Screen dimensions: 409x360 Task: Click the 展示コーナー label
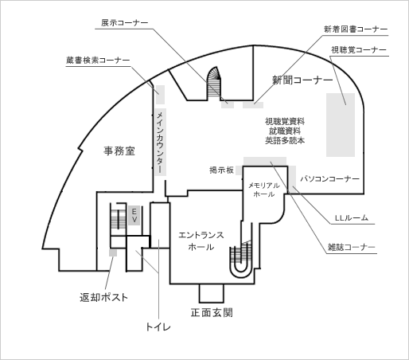[x=124, y=23]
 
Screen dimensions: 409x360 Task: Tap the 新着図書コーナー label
[x=356, y=29]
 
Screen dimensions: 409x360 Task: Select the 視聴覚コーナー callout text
[x=359, y=50]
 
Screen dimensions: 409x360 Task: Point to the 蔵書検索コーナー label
[x=98, y=61]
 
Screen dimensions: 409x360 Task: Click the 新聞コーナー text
[x=302, y=80]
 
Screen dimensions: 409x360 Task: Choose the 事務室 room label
[x=119, y=151]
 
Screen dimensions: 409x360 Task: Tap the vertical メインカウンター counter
[x=160, y=142]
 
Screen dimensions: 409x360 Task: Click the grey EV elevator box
[x=134, y=215]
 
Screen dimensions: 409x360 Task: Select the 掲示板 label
[x=221, y=170]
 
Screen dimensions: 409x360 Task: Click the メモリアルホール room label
[x=264, y=190]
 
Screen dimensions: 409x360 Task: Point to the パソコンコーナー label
[x=329, y=179]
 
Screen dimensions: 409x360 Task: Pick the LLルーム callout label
[x=352, y=218]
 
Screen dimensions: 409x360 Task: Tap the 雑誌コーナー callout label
[x=352, y=248]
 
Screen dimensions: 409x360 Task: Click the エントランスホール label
[x=201, y=241]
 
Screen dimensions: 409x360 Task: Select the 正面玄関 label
[x=212, y=313]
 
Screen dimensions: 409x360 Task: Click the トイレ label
[x=158, y=327]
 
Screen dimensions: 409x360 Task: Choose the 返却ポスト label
[x=104, y=297]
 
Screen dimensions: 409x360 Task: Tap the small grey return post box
[x=113, y=252]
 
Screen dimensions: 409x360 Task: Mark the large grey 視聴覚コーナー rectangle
[x=341, y=125]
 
